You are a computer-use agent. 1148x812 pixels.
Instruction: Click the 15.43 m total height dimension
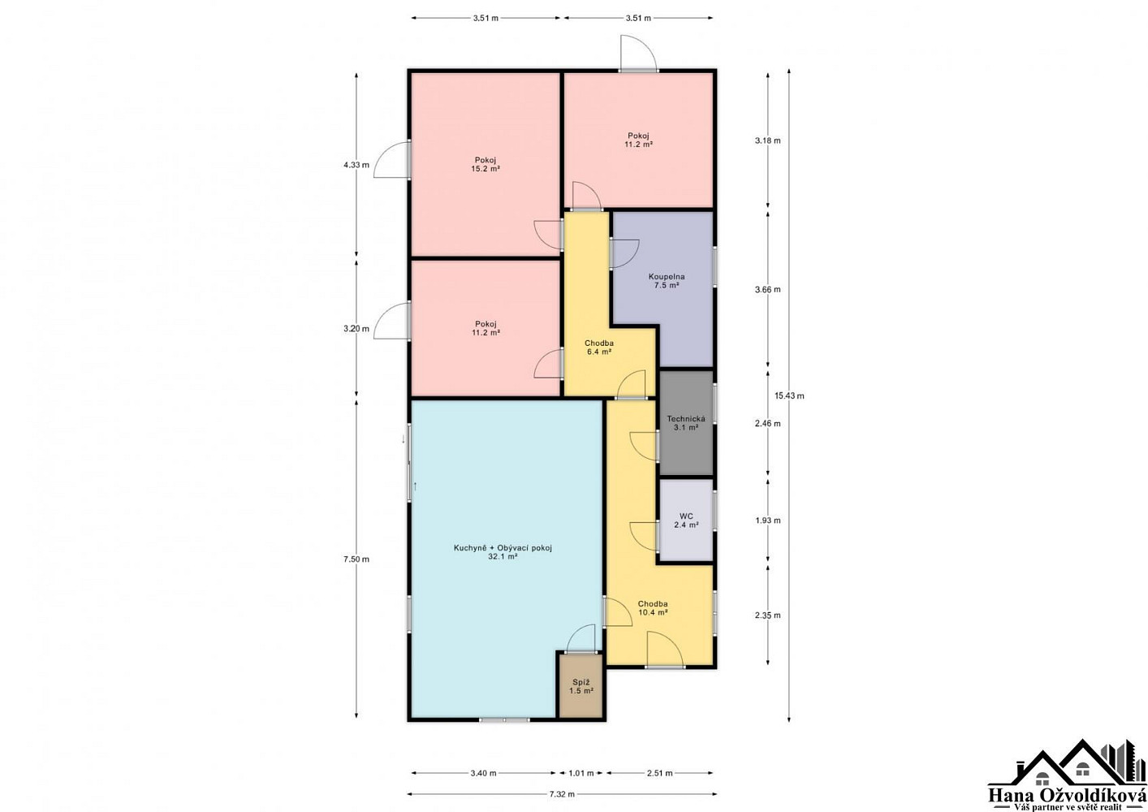click(x=789, y=395)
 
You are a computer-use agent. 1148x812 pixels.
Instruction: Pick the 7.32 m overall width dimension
click(x=562, y=795)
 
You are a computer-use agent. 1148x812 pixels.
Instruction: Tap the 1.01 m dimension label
click(x=580, y=773)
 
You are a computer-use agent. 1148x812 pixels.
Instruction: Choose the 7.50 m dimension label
click(x=356, y=559)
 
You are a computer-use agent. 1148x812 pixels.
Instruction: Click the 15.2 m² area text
click(x=486, y=168)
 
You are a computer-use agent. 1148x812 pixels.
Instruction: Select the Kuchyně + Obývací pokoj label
click(x=503, y=548)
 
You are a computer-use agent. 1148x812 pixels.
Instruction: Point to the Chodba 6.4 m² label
click(x=599, y=348)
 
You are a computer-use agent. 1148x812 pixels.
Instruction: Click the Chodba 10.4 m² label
click(x=653, y=608)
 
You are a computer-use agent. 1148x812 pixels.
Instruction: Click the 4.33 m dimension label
click(x=356, y=165)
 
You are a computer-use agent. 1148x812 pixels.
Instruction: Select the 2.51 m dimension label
click(x=659, y=773)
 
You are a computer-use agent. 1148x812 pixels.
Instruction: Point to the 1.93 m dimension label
click(x=768, y=520)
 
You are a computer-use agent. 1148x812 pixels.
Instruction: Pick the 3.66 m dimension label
click(x=768, y=290)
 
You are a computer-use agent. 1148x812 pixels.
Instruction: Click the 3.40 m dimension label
click(x=483, y=773)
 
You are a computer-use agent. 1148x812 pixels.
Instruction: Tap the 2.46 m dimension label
click(x=768, y=423)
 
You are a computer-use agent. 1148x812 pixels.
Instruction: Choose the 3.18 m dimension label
click(x=768, y=140)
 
